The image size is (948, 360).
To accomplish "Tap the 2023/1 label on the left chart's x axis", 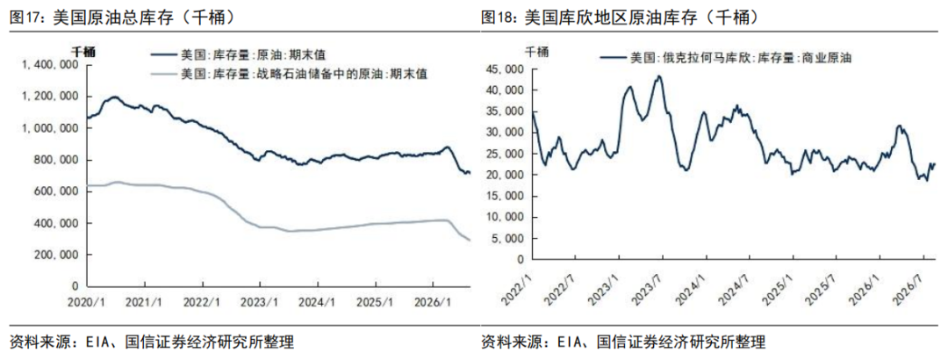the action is (259, 300).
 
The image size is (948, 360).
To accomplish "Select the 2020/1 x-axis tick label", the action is (89, 300).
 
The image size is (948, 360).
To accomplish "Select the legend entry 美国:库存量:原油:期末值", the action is (239, 55).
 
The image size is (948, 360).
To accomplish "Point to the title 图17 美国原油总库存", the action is (122, 18).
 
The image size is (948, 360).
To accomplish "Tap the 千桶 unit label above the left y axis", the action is (83, 52).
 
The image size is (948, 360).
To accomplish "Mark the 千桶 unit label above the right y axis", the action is (536, 52).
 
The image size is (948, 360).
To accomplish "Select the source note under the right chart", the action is (623, 342).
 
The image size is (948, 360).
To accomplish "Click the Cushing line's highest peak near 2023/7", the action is (659, 76).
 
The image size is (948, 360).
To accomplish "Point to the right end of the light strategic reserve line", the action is (470, 241).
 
